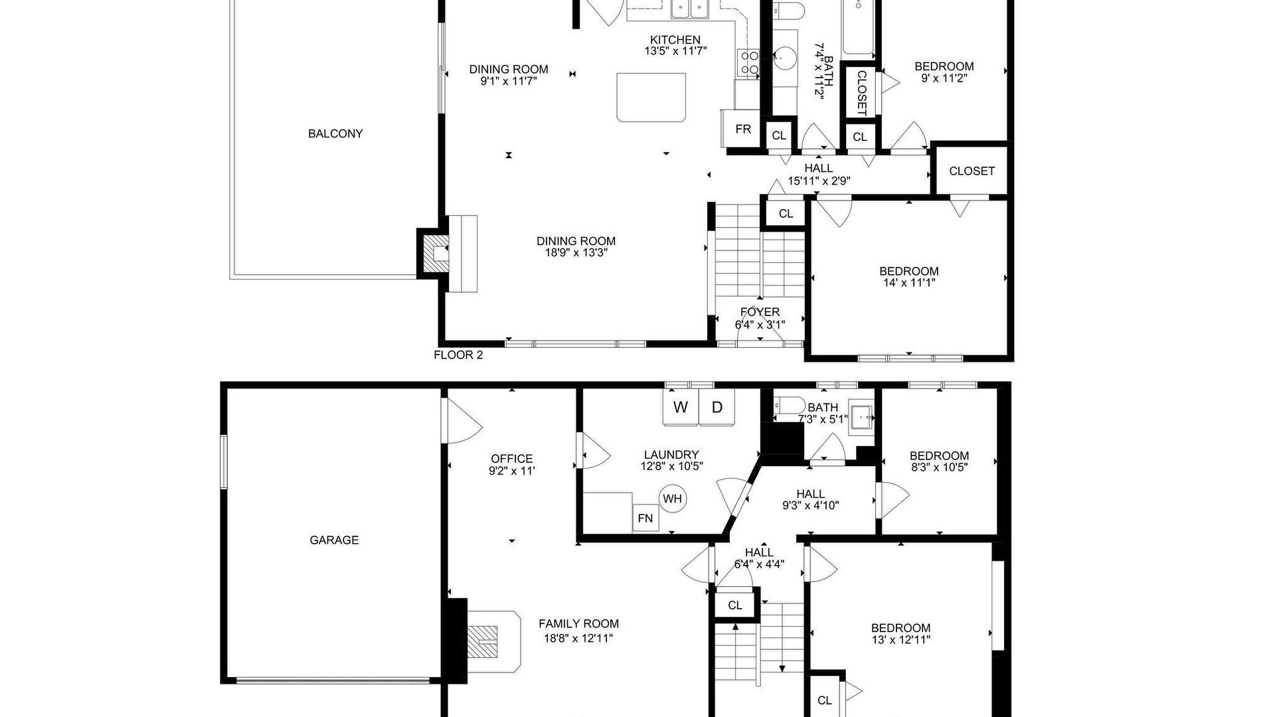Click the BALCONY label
pyautogui.click(x=335, y=133)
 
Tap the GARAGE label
pyautogui.click(x=334, y=540)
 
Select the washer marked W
pyautogui.click(x=681, y=407)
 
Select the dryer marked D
pyautogui.click(x=717, y=407)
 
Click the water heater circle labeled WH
pyautogui.click(x=673, y=499)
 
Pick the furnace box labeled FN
pyautogui.click(x=645, y=518)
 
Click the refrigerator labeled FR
pyautogui.click(x=743, y=129)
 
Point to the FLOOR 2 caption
pyautogui.click(x=458, y=355)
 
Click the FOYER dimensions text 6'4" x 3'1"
pyautogui.click(x=760, y=325)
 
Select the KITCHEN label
pyautogui.click(x=675, y=40)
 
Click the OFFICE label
pyautogui.click(x=511, y=459)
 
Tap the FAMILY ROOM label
pyautogui.click(x=578, y=624)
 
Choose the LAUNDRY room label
pyautogui.click(x=671, y=455)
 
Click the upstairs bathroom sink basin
pyautogui.click(x=786, y=59)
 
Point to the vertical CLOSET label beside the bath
pyautogui.click(x=861, y=93)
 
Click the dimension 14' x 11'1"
pyautogui.click(x=908, y=283)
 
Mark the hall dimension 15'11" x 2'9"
pyautogui.click(x=819, y=181)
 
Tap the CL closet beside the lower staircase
pyautogui.click(x=735, y=605)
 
